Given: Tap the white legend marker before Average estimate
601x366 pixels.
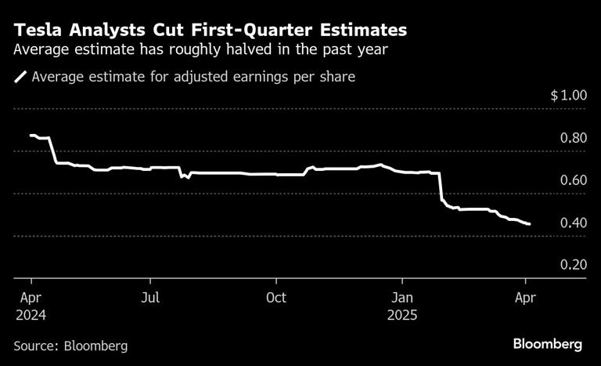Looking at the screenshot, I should (20, 78).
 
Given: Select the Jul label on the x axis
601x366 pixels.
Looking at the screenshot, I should (150, 298).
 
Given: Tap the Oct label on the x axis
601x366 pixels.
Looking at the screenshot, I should (275, 298).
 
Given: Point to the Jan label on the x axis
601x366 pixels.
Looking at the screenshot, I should (402, 298).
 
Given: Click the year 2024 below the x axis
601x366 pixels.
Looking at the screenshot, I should (31, 315).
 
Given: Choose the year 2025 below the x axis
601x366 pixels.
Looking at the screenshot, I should (402, 315).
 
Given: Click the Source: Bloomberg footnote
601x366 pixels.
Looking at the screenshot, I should (70, 345).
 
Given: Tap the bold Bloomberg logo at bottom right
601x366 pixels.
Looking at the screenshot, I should (547, 344).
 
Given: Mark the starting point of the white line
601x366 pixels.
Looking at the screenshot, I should (31, 136).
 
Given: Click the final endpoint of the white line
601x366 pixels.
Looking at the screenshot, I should (530, 224).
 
